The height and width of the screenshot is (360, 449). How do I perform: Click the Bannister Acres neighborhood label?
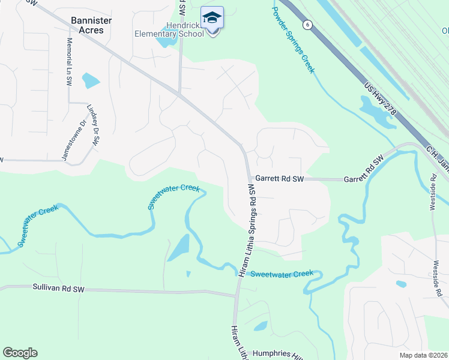tap(91, 25)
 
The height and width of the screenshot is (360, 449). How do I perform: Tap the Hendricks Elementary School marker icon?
tap(212, 18)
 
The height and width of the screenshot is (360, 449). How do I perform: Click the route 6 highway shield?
tap(308, 24)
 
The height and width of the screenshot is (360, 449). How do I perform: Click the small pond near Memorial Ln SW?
tap(91, 80)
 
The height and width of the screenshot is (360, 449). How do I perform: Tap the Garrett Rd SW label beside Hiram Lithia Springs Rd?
tap(280, 179)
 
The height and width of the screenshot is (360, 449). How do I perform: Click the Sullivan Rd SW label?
tap(59, 289)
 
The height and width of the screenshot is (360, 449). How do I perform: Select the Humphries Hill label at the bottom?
tap(276, 354)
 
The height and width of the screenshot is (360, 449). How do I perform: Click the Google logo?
tap(20, 353)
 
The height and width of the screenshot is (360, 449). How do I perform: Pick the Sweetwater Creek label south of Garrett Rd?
tap(282, 274)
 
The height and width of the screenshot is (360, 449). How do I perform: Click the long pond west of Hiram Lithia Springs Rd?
tap(179, 247)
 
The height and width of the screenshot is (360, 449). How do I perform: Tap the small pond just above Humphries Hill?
tap(261, 326)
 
